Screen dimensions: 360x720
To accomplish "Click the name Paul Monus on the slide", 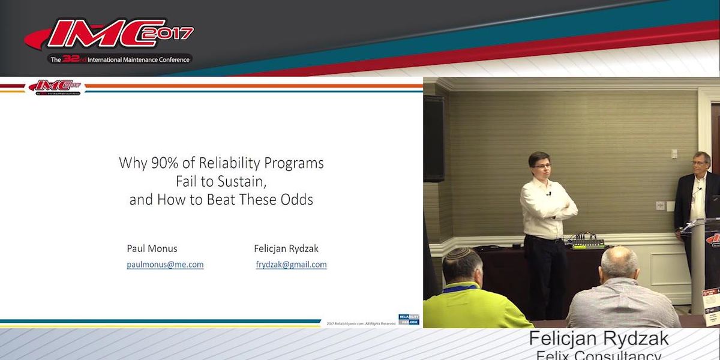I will click(x=152, y=248).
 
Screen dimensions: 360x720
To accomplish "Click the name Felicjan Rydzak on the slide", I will click(x=290, y=248).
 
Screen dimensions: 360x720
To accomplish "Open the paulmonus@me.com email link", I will click(x=165, y=264).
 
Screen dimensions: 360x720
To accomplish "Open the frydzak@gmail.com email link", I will click(x=291, y=264).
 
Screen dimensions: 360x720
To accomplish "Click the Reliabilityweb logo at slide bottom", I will click(x=409, y=319).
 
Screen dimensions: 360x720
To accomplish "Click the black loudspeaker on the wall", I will click(x=434, y=138).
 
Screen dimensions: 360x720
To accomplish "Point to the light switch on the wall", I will click(x=675, y=154).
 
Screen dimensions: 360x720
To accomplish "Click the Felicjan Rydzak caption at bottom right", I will click(x=598, y=339).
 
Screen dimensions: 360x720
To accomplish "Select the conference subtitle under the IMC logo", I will click(x=120, y=59).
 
